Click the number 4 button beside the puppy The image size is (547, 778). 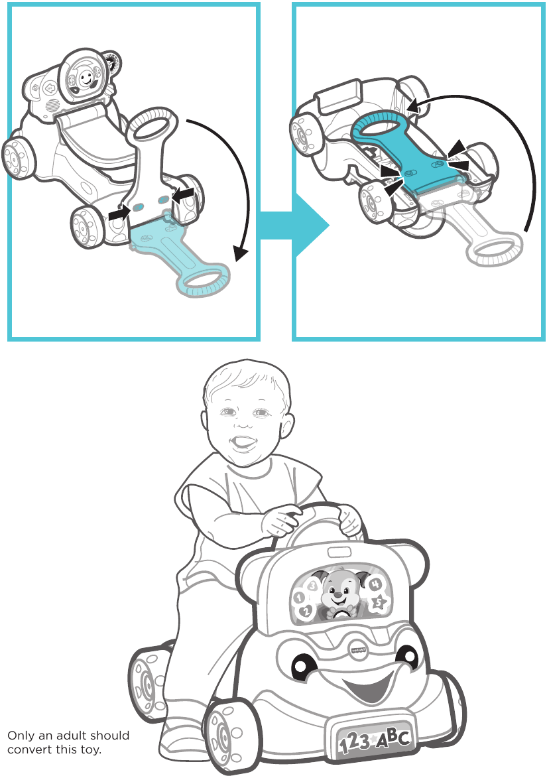point(375,584)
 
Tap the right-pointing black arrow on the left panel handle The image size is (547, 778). point(119,214)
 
